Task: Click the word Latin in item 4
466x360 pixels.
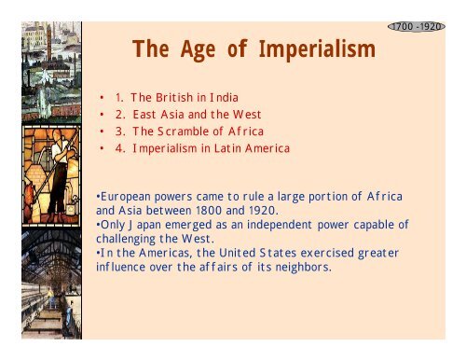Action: point(243,147)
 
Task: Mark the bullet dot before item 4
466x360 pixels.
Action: point(102,147)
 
